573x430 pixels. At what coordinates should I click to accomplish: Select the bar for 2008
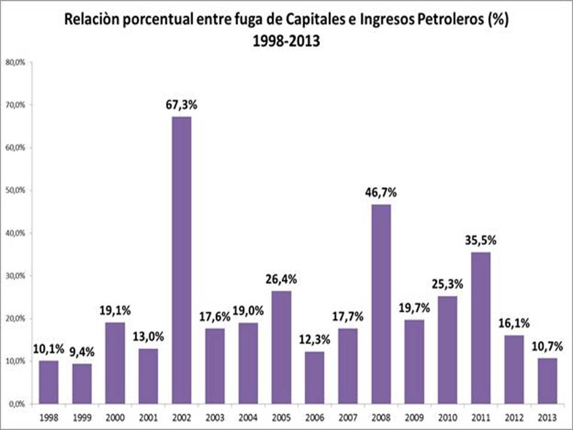point(381,304)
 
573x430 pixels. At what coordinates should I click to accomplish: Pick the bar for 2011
point(480,328)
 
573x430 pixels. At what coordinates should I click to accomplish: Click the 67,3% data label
point(181,105)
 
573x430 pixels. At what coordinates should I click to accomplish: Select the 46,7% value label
point(381,193)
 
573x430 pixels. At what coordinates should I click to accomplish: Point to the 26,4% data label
point(281,279)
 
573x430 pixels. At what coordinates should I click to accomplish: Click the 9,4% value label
point(82,352)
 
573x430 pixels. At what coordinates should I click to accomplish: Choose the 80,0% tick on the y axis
point(16,62)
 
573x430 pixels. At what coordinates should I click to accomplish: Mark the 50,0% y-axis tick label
point(16,191)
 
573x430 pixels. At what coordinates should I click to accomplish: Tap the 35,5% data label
point(480,241)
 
